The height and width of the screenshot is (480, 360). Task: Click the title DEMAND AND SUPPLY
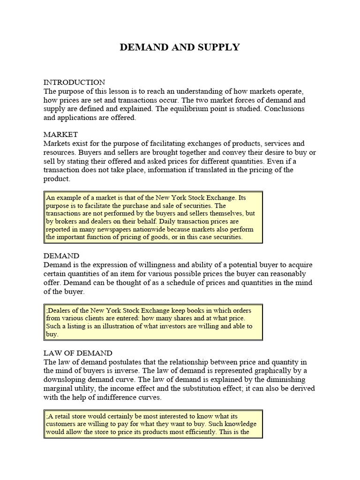coord(180,47)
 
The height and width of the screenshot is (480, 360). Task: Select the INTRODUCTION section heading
coord(75,82)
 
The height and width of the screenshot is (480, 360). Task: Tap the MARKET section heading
coord(61,135)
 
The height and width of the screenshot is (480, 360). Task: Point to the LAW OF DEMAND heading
coord(78,353)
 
